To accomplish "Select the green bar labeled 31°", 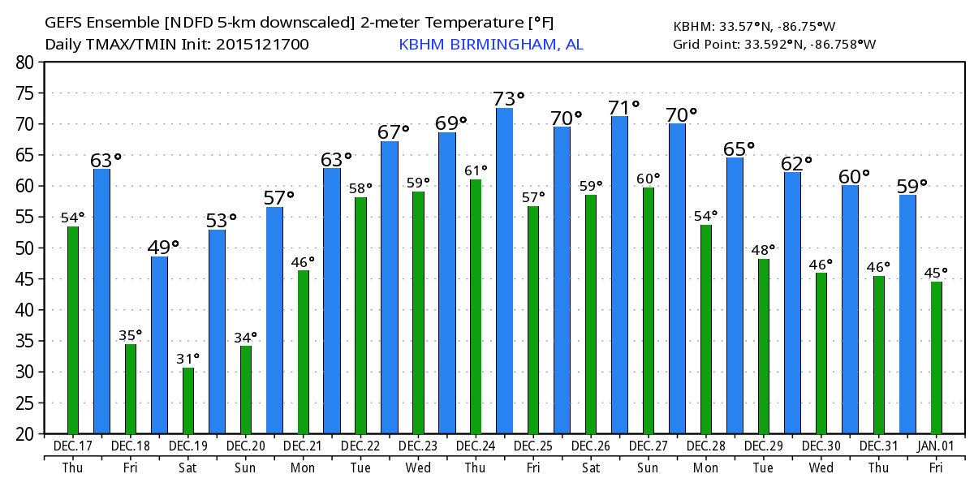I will click(188, 401).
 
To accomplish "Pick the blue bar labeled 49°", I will click(159, 345).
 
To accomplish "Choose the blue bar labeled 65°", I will click(735, 295).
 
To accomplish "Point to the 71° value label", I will click(625, 106).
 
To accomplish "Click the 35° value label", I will click(131, 334).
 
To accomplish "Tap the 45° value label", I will click(937, 272).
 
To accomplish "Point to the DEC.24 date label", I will click(476, 447).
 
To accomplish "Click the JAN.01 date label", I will click(937, 447).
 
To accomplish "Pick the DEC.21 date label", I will click(304, 447).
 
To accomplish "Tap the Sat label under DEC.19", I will click(188, 468).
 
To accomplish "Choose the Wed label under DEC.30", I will click(821, 468).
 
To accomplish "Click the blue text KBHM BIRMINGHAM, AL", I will click(490, 44).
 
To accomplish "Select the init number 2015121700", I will click(262, 44).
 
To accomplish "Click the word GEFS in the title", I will click(63, 22).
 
